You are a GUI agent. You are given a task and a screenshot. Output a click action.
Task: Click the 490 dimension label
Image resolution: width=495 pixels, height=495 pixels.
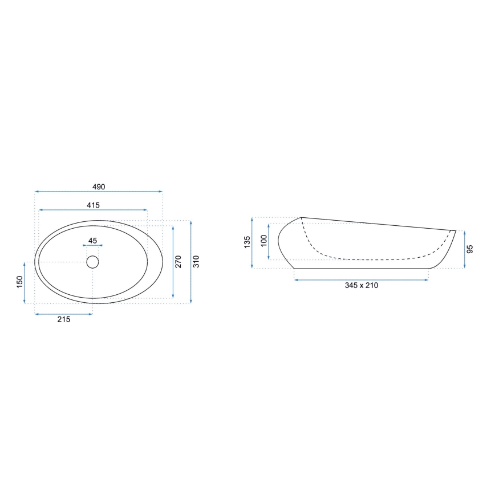(x=99, y=186)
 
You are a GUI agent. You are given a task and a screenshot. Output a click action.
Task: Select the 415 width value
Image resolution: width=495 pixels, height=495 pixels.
(x=94, y=205)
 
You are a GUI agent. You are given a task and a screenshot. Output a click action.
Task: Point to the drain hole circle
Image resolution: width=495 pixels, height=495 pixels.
(x=92, y=262)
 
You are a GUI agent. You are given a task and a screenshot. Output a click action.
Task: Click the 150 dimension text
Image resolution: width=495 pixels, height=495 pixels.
(x=19, y=282)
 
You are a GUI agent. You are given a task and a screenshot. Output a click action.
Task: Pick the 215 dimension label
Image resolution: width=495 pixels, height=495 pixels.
(x=63, y=320)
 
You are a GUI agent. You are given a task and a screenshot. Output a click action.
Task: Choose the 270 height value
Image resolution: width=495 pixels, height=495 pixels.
(x=178, y=262)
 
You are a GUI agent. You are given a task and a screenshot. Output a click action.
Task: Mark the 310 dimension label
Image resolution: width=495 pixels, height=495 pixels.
(x=197, y=262)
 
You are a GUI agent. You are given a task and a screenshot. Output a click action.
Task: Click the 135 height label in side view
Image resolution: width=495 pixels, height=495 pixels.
(x=247, y=242)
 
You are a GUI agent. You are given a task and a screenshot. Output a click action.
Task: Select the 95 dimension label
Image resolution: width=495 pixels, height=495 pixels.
(x=470, y=249)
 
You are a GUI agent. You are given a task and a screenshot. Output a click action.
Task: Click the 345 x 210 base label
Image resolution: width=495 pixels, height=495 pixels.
(x=362, y=285)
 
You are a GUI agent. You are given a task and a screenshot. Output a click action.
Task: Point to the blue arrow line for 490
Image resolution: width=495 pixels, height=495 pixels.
(x=99, y=192)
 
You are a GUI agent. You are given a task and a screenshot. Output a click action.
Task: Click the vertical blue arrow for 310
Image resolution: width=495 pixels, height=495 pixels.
(x=191, y=262)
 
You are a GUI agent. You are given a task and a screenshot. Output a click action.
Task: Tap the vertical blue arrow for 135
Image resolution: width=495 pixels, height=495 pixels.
(x=253, y=243)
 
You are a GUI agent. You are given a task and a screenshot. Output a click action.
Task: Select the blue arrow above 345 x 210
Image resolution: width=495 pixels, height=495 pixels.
(x=362, y=279)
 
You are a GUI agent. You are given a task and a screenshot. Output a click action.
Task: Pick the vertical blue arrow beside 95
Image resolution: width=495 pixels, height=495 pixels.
(x=465, y=249)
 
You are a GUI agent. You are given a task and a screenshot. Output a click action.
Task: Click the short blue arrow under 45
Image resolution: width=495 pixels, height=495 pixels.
(x=92, y=246)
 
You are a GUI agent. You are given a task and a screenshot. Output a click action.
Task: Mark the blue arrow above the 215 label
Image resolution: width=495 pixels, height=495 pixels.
(x=63, y=314)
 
